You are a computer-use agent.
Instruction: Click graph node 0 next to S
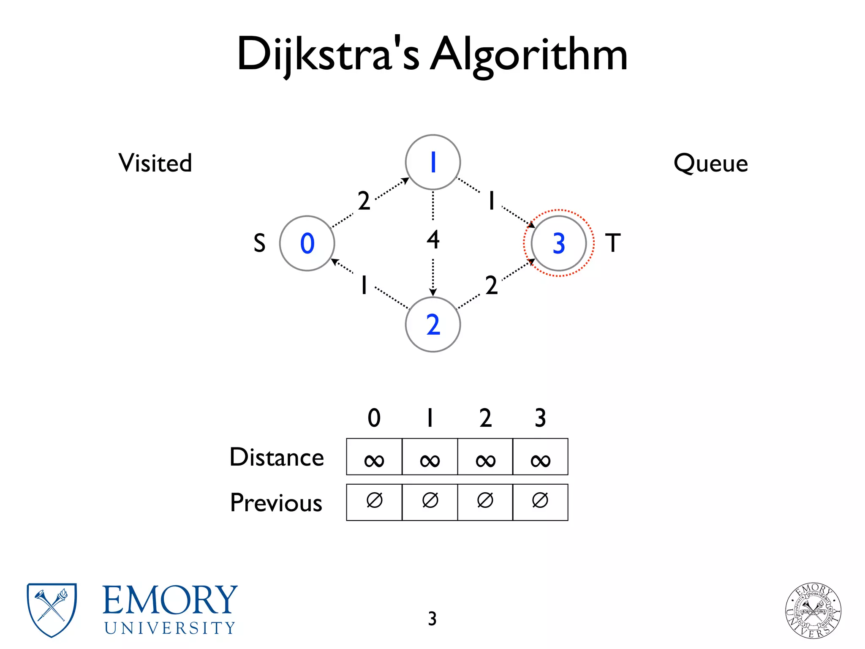tap(307, 243)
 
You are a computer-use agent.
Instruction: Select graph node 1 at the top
tap(432, 162)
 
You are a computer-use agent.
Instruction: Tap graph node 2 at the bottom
tap(432, 324)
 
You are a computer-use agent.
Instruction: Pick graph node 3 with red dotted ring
tap(558, 243)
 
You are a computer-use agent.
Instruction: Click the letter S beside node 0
tap(259, 243)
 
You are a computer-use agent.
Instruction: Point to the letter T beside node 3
tap(613, 243)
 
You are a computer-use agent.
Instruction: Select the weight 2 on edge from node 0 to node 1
tap(364, 201)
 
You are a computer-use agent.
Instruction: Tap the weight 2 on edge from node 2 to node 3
tap(491, 285)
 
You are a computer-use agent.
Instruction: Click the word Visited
tap(155, 163)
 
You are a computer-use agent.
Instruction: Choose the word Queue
tap(710, 163)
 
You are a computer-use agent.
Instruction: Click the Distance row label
tap(277, 457)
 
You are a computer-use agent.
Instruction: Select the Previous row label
tap(276, 503)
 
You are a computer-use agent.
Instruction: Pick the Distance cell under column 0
tap(374, 457)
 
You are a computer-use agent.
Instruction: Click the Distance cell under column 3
tap(540, 457)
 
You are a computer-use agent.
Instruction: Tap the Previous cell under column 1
tap(430, 502)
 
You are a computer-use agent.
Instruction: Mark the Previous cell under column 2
tap(485, 502)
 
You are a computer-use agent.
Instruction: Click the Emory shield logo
tap(52, 610)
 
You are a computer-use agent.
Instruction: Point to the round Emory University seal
tap(813, 611)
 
